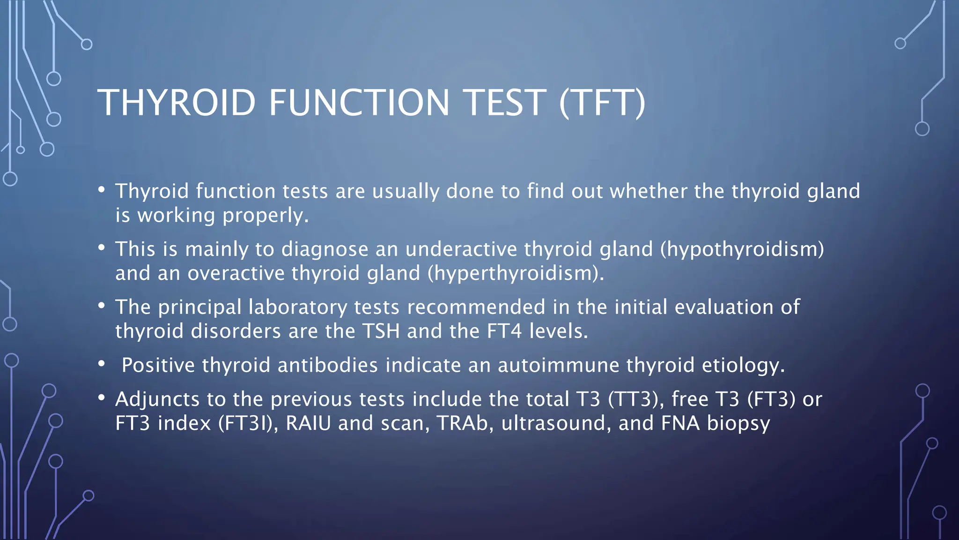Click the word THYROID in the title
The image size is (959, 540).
[177, 103]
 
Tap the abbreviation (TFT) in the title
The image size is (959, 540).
[603, 103]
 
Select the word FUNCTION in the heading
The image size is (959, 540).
[359, 103]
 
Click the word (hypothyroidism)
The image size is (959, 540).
[742, 249]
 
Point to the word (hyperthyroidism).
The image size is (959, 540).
[515, 273]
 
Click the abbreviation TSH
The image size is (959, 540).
[381, 331]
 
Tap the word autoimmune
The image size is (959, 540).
[558, 365]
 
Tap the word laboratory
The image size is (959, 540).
[298, 307]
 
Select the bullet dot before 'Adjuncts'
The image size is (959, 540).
[102, 397]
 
